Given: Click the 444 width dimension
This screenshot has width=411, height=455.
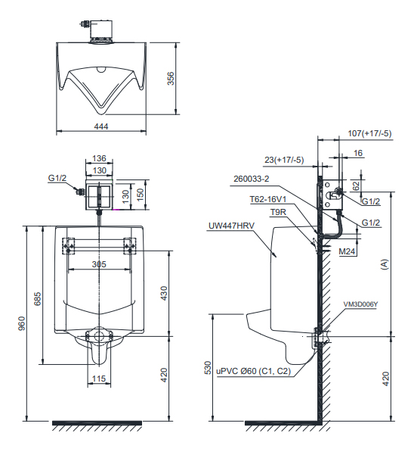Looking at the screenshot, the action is click(101, 126).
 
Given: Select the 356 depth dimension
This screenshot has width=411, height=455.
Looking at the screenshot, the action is click(171, 79).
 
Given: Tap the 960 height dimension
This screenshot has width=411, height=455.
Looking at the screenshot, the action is click(22, 323).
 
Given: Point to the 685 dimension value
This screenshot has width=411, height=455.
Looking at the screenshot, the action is click(37, 298).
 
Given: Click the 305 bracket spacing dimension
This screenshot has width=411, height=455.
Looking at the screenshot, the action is click(99, 264).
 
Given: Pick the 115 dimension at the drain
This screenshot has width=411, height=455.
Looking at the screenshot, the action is click(99, 379).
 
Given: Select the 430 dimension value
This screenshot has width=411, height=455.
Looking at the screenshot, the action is click(164, 294).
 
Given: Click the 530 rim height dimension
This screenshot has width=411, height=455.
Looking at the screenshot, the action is click(208, 368).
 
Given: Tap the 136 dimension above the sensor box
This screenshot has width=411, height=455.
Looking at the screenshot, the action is click(99, 158).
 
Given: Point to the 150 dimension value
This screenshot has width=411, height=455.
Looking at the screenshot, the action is click(140, 195).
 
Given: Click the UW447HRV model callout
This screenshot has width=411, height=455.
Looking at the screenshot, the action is click(231, 226).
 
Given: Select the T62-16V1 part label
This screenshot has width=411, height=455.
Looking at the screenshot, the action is click(268, 199).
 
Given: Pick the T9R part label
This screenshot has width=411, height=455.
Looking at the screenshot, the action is click(278, 213).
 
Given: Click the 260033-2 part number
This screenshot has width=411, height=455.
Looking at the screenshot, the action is click(252, 179).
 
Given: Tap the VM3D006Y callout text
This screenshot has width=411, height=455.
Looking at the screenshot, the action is click(360, 304).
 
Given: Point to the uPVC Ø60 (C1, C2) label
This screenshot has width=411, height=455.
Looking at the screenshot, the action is click(254, 371).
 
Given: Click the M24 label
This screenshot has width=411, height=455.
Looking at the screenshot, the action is click(347, 251).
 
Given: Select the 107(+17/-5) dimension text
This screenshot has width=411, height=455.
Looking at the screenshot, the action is click(369, 133).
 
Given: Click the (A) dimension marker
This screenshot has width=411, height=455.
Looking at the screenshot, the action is click(385, 264).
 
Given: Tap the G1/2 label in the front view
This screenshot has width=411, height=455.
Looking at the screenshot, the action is click(57, 178).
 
